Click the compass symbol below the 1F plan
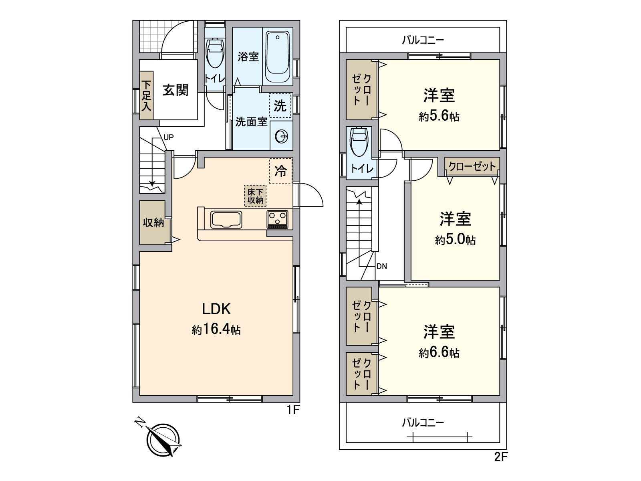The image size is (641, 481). pos(163,440)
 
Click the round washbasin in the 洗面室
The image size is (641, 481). pos(282,137)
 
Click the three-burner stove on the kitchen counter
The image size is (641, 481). pos(278,219)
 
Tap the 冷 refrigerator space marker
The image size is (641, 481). pos(280,171)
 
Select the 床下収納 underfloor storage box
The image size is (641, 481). pos(255,196)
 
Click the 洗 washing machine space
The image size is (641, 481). pos(280,106)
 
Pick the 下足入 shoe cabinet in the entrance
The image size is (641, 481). pos(147,95)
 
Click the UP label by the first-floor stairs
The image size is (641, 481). pos(169,137)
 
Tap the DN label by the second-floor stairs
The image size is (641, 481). pos(382,266)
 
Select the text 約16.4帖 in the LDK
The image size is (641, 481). pos(216,329)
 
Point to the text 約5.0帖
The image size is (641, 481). pos(456,240)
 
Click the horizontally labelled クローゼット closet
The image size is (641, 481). pos(472,166)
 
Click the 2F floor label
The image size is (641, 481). pos(501,457)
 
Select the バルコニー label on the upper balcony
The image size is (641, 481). pos(423,40)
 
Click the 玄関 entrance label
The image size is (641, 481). pos(175,90)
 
